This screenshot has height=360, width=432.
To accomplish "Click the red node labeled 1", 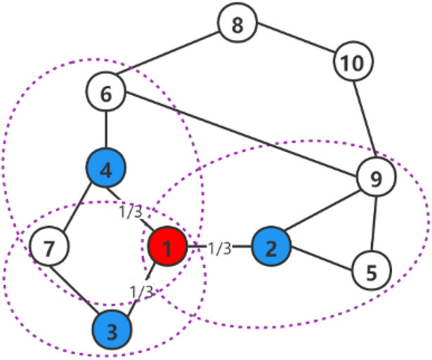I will click(x=167, y=247).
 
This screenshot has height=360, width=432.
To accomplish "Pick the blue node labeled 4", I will click(x=105, y=168).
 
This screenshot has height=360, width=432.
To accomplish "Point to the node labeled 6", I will click(x=105, y=93).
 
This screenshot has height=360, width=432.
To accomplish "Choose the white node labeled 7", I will click(x=49, y=247).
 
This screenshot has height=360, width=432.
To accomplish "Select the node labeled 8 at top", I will click(x=237, y=26).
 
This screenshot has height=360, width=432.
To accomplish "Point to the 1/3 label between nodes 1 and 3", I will click(x=143, y=289).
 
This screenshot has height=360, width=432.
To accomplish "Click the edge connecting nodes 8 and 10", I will click(x=295, y=45).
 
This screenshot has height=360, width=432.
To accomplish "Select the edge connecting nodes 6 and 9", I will click(x=239, y=134).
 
